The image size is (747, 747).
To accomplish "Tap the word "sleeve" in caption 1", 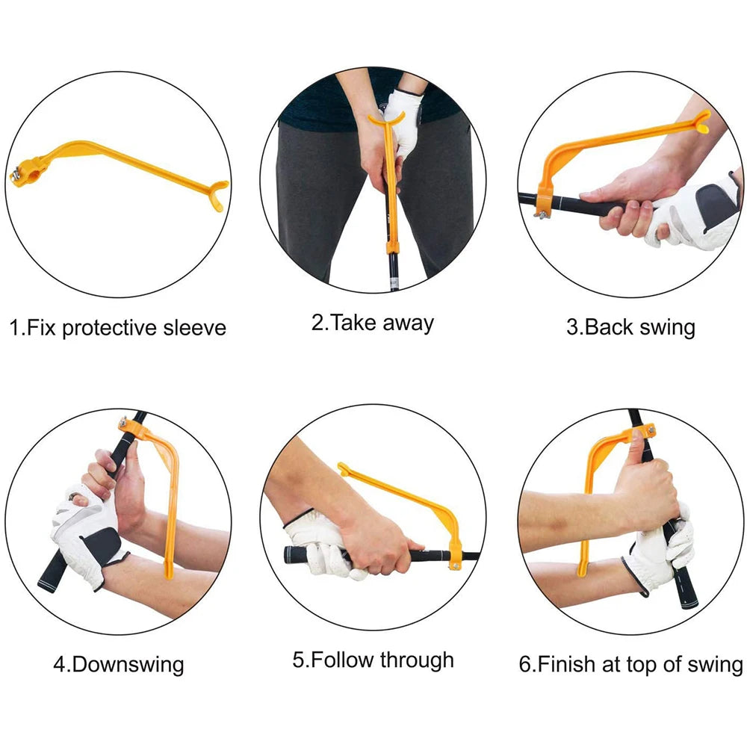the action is tap(194, 328).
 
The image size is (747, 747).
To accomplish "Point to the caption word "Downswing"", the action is tap(128, 664).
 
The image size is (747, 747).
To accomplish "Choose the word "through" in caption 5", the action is tap(417, 660).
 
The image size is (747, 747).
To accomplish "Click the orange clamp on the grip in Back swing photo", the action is tap(544, 202).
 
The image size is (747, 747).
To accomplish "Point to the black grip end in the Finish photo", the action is tap(689, 596).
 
